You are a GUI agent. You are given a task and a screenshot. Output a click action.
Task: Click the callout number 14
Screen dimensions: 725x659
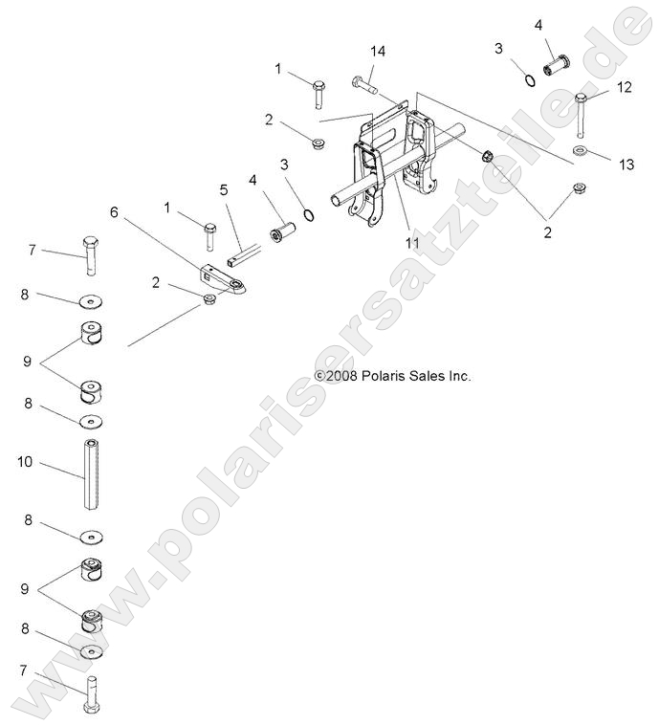point(378,52)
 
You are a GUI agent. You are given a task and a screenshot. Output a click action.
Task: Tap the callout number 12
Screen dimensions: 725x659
point(625,87)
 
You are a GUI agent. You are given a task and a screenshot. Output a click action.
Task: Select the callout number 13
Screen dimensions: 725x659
point(626,165)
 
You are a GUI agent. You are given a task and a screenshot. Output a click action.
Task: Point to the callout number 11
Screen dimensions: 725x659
point(412,244)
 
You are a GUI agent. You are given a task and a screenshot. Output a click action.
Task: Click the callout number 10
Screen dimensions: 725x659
point(25,462)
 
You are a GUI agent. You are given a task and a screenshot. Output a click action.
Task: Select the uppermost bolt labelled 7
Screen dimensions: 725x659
point(89,253)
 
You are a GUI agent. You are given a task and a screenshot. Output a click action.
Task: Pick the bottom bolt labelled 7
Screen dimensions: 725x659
point(91,693)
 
